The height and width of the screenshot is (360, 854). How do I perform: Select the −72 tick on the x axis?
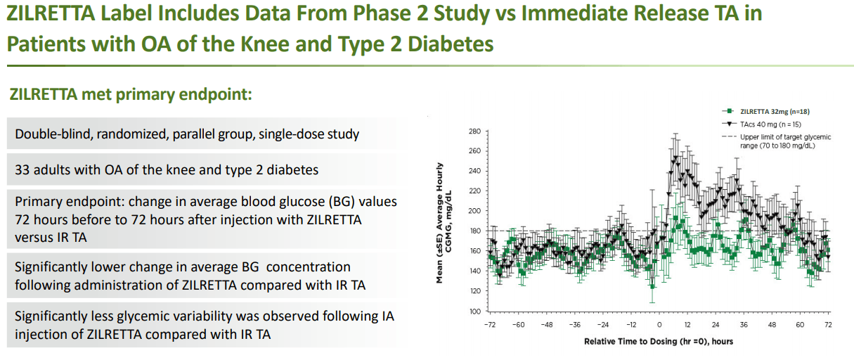point(489,325)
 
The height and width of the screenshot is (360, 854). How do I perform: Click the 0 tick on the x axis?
point(659,325)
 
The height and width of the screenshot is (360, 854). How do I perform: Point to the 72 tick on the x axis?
point(828,325)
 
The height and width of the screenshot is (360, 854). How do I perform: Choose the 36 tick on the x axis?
point(744,325)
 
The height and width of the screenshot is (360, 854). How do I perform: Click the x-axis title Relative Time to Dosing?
point(659,341)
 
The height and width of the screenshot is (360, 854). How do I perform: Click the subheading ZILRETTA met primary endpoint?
point(130,94)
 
